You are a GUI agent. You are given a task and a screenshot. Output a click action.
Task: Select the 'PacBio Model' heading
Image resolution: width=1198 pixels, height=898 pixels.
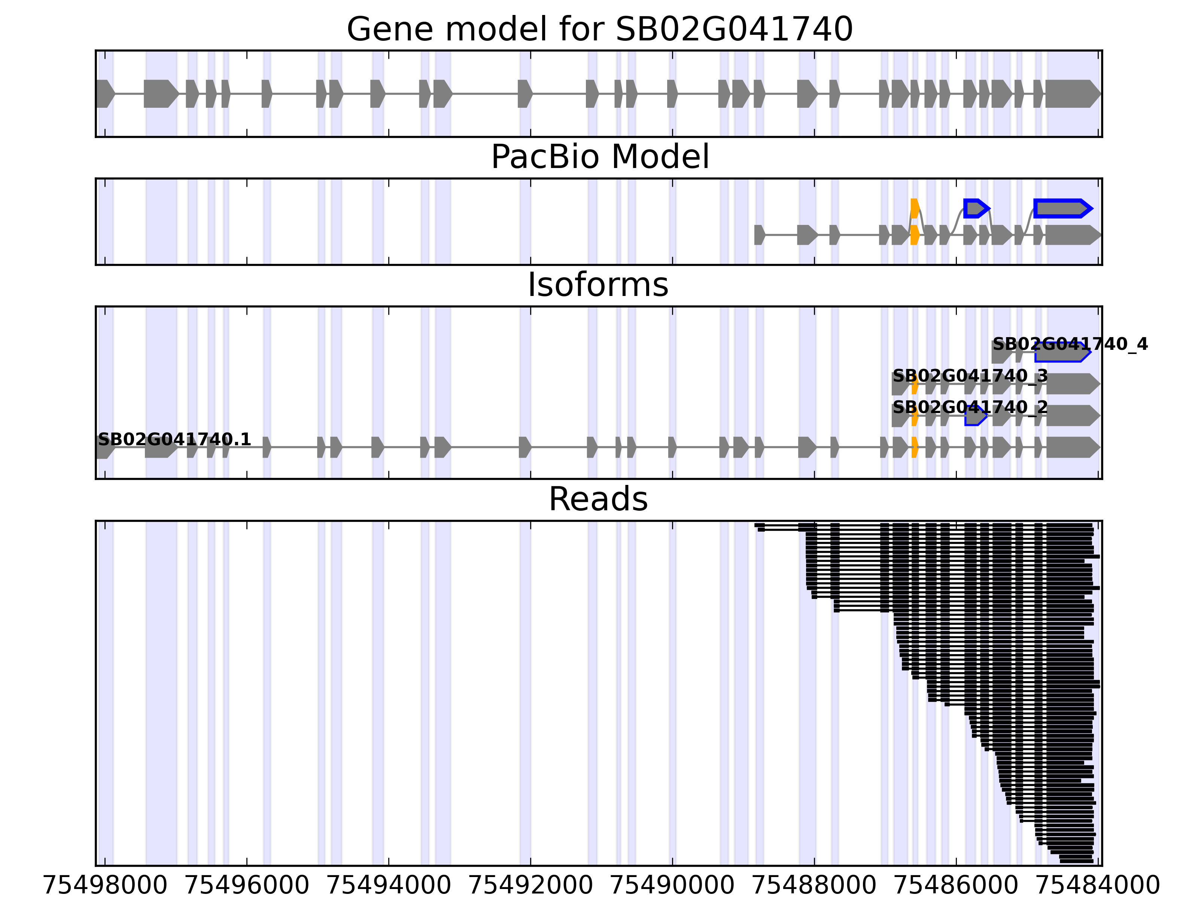point(599,157)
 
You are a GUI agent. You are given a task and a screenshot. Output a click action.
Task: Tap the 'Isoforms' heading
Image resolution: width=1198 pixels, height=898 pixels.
point(598,285)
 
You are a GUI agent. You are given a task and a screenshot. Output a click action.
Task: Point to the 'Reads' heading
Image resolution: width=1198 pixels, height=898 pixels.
point(598,499)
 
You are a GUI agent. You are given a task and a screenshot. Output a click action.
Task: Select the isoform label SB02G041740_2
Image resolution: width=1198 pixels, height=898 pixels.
point(970,407)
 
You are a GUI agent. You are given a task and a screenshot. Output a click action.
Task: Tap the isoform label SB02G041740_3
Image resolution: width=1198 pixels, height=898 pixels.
point(970,376)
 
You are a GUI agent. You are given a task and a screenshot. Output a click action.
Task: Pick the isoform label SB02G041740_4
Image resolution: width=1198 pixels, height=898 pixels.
point(1070,344)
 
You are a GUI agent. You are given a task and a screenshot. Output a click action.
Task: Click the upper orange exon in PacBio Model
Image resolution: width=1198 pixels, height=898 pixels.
point(915,208)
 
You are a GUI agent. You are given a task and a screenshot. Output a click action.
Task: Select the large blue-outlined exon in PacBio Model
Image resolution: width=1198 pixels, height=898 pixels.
point(1061,208)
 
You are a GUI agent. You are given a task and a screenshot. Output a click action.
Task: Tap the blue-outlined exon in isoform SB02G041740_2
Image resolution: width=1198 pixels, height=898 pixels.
point(975,416)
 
